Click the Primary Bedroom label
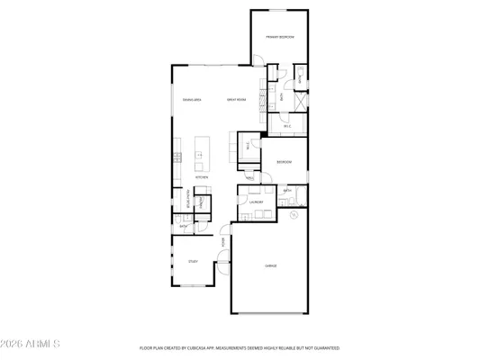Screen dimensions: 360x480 click(x=280, y=36)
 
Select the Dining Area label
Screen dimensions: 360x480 click(x=192, y=99)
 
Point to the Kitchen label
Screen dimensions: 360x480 click(x=202, y=177)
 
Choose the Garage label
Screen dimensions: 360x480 click(x=270, y=266)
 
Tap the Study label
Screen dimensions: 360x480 click(x=192, y=261)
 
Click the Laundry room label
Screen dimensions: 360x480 click(x=256, y=202)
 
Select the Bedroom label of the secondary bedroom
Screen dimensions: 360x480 click(x=284, y=163)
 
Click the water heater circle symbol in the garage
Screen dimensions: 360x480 click(x=294, y=215)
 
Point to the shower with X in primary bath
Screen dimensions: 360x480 click(x=297, y=100)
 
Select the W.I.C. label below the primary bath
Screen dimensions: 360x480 click(x=286, y=126)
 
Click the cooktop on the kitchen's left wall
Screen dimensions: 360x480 click(x=178, y=157)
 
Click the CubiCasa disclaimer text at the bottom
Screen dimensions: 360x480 click(x=239, y=346)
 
